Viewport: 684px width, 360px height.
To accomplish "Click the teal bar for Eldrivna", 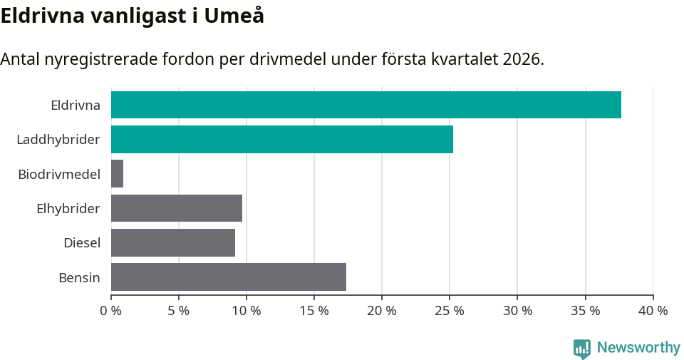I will click(x=366, y=105).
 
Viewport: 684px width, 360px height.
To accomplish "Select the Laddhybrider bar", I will click(x=281, y=139).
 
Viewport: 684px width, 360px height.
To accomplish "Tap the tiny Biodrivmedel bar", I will click(x=118, y=174).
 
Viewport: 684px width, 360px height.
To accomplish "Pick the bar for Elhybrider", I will click(x=177, y=208).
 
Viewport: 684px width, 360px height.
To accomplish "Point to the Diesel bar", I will click(x=173, y=242).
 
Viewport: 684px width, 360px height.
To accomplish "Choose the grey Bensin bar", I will click(x=229, y=277).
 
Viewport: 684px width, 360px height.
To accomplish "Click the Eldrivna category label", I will click(x=75, y=106).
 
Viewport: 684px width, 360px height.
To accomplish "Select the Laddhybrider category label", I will click(x=58, y=140).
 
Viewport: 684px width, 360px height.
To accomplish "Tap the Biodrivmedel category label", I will click(x=59, y=174).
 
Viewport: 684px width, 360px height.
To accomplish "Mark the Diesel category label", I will click(x=81, y=243).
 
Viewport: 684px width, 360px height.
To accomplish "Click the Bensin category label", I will click(x=79, y=277).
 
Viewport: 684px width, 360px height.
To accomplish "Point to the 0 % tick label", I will click(x=110, y=311).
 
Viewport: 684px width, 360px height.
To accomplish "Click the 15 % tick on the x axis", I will click(x=314, y=311).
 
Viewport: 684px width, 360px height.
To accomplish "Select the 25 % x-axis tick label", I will click(x=450, y=311).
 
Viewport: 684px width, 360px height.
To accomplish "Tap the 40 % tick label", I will click(x=653, y=311).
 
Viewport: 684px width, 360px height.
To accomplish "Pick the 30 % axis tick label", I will click(x=517, y=311).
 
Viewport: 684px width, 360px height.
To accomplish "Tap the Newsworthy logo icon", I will click(x=582, y=349).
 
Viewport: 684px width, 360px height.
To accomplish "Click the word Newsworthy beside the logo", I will click(x=638, y=348).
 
